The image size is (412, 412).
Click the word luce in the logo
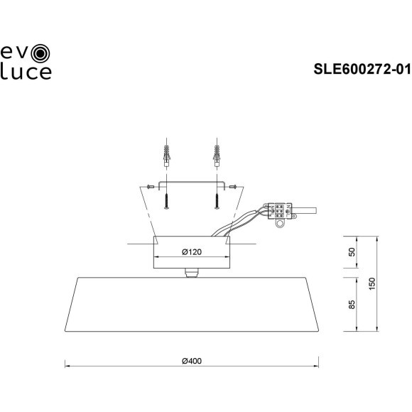(x=27, y=72)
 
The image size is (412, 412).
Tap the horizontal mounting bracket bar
(x=190, y=183)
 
